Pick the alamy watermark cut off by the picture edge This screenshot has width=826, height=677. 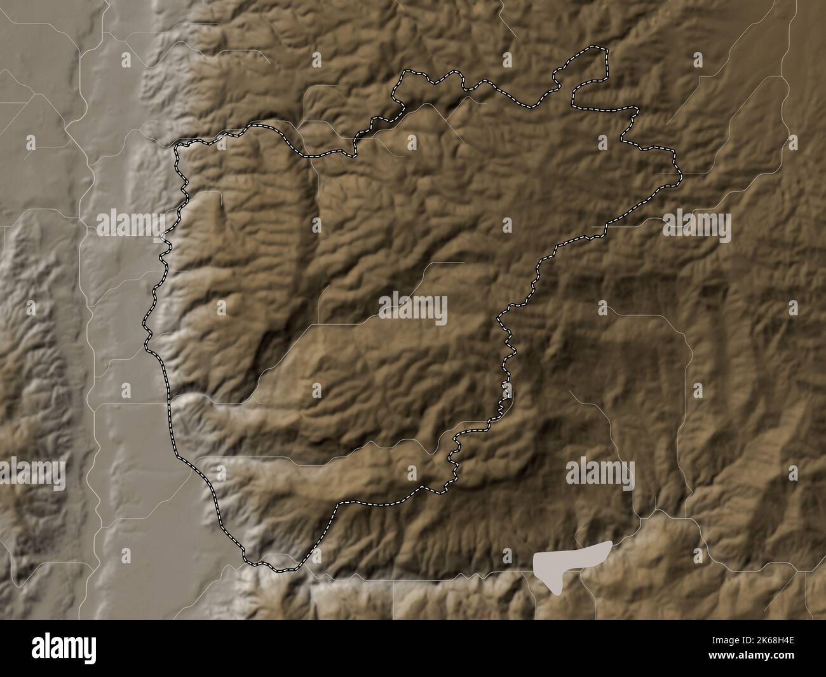(x=32, y=474)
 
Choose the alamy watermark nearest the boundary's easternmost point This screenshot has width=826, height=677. (x=696, y=224)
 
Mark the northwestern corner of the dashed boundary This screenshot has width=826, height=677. (x=177, y=147)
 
